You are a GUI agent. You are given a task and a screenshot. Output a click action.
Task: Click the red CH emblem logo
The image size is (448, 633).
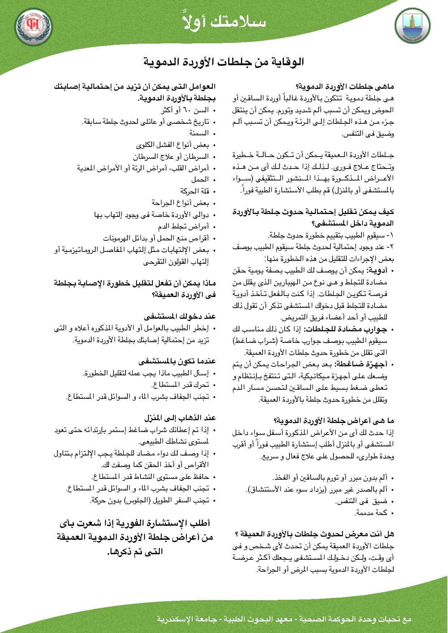point(34,26)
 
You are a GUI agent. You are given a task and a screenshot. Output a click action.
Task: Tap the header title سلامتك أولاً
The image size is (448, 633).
point(224,22)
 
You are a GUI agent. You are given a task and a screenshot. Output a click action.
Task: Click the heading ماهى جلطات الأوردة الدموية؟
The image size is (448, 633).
point(345,87)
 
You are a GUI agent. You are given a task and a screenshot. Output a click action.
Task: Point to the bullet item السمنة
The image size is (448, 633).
point(199,133)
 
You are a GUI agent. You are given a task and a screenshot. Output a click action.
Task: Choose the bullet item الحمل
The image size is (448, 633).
point(200,179)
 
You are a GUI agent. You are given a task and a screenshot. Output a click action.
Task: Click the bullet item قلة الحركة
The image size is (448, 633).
point(195,191)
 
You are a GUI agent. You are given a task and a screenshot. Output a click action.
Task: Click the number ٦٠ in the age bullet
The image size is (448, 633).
point(182,110)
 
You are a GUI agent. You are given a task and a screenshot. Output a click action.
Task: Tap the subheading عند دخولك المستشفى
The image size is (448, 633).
point(180,317)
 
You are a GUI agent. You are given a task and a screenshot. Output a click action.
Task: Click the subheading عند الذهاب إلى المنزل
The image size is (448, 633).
point(180,418)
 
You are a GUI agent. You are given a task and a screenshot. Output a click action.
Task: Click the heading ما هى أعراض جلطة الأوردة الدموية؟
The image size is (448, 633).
point(334,421)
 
